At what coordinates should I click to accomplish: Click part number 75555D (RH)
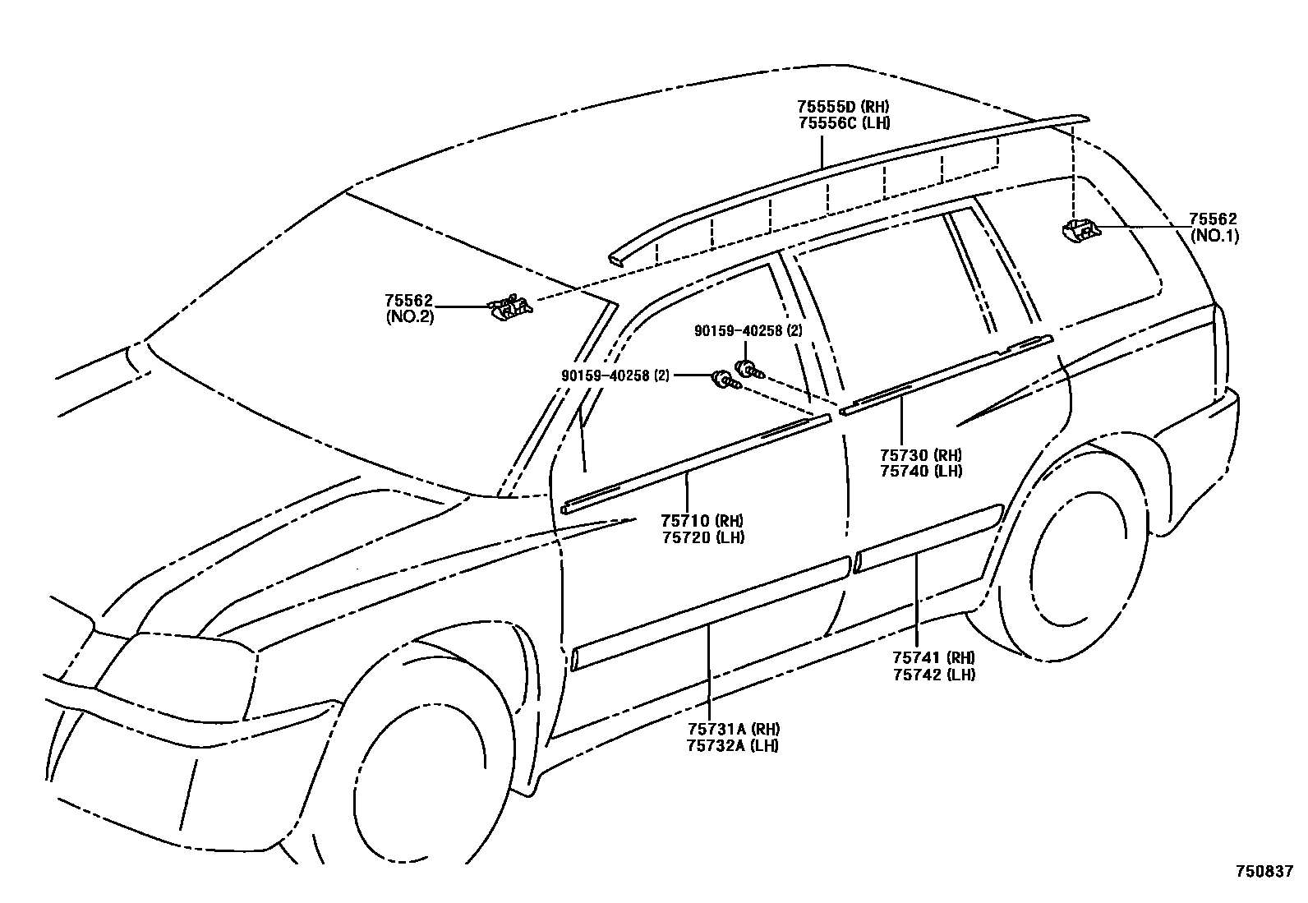(843, 106)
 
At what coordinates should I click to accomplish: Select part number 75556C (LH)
(843, 122)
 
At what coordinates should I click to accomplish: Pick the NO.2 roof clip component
(510, 308)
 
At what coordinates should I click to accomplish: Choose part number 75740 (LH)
(920, 472)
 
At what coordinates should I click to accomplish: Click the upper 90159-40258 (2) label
(748, 330)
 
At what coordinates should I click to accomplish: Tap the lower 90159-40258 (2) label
(615, 375)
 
